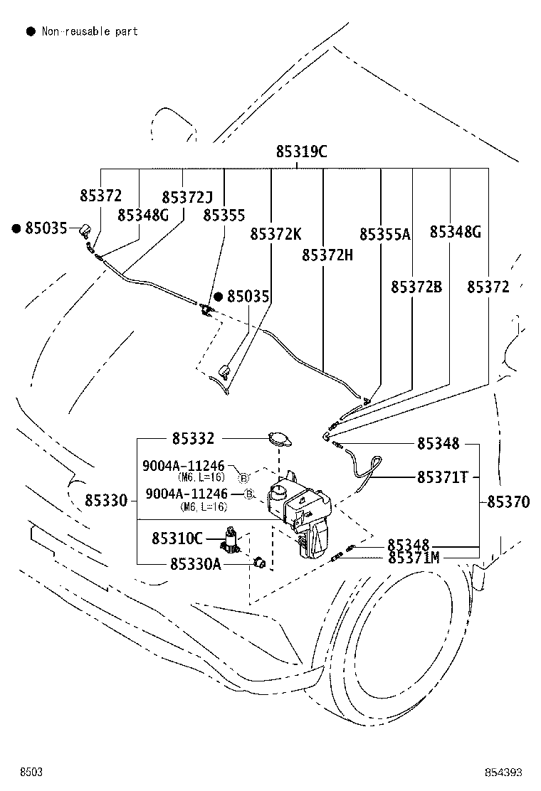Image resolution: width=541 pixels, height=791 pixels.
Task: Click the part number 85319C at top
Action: coord(301,152)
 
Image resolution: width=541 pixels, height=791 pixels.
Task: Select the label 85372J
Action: coord(187,197)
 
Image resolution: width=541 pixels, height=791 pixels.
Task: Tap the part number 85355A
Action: coord(385,234)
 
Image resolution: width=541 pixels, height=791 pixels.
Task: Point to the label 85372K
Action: coord(276,234)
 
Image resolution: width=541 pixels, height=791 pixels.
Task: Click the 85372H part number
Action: coord(327,255)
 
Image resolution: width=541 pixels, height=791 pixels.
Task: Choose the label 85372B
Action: coord(416,287)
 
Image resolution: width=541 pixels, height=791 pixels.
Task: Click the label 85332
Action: coord(194,438)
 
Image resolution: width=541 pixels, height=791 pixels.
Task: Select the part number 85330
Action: coord(106,501)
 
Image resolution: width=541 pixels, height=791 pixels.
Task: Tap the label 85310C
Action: coord(177,538)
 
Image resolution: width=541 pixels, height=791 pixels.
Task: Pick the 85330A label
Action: coord(196,563)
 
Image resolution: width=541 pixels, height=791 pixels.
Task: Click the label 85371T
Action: coord(443,477)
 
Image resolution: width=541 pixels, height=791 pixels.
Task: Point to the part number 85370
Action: coord(509,501)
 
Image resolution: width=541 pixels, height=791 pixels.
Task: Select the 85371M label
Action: coord(414,558)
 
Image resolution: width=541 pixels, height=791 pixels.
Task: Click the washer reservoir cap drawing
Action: coord(279,438)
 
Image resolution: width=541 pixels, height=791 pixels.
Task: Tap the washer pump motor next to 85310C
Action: coord(231,539)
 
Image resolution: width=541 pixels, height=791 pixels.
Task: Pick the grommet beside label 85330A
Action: coord(260,562)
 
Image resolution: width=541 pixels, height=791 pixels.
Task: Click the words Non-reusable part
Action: coord(90,31)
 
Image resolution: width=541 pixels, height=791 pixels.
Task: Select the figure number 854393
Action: coord(503,773)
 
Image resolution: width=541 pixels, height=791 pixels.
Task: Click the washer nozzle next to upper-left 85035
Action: coord(85,230)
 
